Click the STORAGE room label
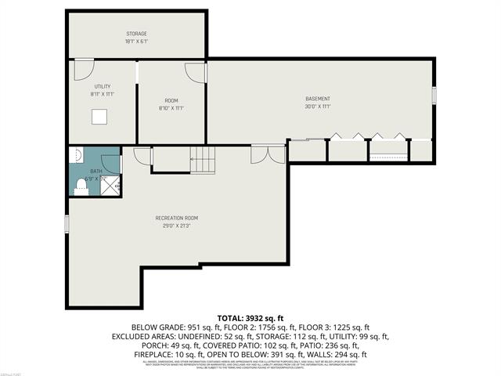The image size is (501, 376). tap(137, 34)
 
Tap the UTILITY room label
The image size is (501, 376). tap(103, 85)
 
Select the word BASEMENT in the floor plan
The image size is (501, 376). tap(318, 98)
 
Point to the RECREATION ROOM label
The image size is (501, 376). tap(176, 217)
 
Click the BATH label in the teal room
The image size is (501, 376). tap(96, 171)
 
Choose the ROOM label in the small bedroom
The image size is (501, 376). tap(171, 100)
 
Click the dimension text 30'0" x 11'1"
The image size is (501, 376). tap(318, 106)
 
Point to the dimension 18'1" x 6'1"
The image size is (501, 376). tap(137, 42)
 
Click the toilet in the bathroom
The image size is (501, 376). tap(81, 186)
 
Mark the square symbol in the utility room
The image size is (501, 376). tap(99, 117)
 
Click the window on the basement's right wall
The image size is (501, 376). tap(434, 95)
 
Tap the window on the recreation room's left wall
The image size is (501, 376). tap(68, 223)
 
